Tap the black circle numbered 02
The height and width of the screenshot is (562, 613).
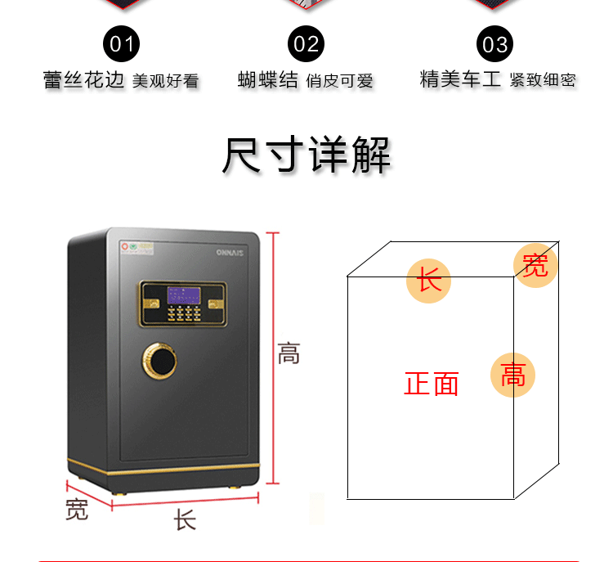[306, 44]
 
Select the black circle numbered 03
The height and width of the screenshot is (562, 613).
[494, 44]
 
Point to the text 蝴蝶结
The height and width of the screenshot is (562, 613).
[268, 79]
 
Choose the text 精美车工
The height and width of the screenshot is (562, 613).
[459, 79]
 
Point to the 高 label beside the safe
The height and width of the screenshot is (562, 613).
[289, 354]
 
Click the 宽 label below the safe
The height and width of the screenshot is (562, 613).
[76, 510]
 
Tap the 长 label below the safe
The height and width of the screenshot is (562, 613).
[185, 520]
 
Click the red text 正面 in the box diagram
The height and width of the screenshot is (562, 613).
[432, 384]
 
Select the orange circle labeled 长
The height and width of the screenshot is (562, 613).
[430, 280]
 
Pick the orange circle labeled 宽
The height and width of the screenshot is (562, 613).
[535, 265]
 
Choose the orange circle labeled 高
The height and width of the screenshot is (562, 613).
[512, 375]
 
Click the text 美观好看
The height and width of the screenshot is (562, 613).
[165, 80]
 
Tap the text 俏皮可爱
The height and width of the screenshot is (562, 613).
[339, 80]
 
